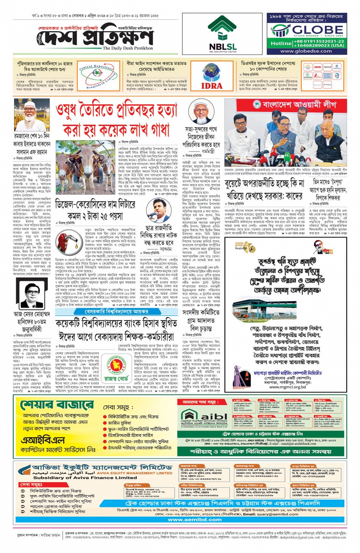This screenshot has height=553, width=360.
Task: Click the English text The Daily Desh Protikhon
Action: (128, 48)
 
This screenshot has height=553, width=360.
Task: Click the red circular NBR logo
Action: (115, 369)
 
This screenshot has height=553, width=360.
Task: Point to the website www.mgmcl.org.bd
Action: (287, 387)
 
